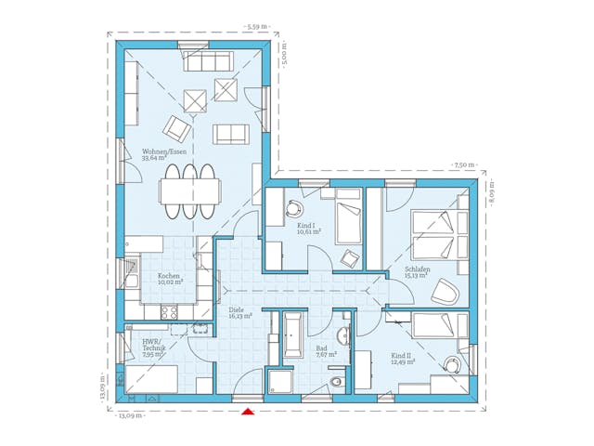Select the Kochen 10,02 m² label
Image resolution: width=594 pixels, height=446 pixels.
[x=169, y=278]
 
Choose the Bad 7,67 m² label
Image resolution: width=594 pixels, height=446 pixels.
[x=325, y=351]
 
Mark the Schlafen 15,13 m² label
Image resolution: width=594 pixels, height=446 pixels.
[x=417, y=271]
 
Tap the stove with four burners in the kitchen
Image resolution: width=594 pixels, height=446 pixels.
[x=169, y=313]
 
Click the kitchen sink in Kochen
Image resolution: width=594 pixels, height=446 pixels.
[x=133, y=275]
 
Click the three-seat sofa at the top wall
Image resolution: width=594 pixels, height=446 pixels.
[x=209, y=61]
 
